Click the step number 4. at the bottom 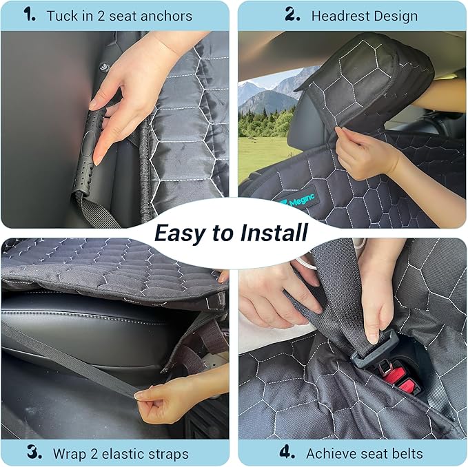(x=287, y=453)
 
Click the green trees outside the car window (x=265, y=123)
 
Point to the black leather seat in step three (x=90, y=331)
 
